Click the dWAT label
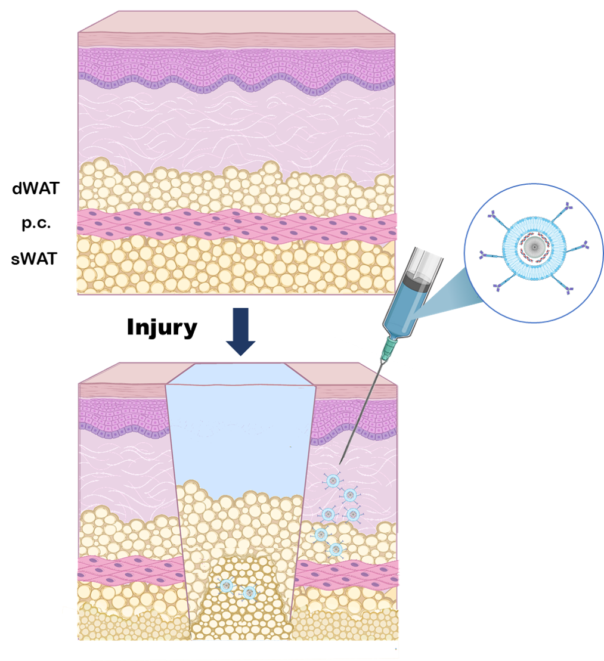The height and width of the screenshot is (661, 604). coord(35,189)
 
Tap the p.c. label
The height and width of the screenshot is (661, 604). coord(36,224)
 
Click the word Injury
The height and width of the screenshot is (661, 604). coord(162,327)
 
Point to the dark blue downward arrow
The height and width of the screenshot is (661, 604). coord(240,331)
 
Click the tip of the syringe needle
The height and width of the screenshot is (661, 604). coord(340,463)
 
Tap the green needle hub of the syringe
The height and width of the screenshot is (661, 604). coord(389,347)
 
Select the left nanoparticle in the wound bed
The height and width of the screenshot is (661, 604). coord(226,585)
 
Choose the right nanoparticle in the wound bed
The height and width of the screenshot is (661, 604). coord(249,592)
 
